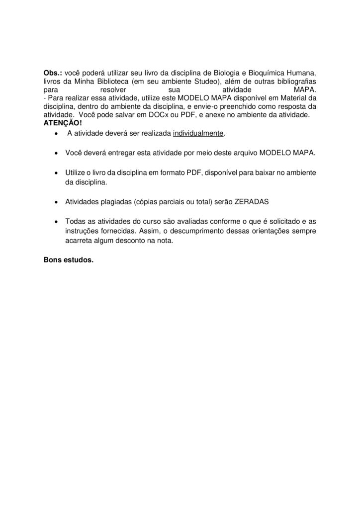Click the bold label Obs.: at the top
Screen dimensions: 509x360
[53, 73]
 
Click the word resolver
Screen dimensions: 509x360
[113, 90]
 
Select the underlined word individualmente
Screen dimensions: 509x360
[198, 134]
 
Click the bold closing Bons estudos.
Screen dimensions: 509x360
[69, 260]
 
